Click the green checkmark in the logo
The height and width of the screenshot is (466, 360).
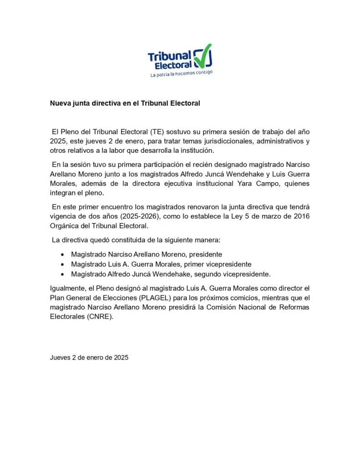[203, 57]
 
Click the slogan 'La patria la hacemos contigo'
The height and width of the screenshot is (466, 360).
[181, 74]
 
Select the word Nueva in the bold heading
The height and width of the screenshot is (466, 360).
[61, 103]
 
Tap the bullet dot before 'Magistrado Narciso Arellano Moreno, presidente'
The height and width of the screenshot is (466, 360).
[62, 254]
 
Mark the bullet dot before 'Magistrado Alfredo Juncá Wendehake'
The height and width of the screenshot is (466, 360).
[62, 274]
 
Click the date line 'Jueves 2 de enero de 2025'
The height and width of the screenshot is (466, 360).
[89, 358]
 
